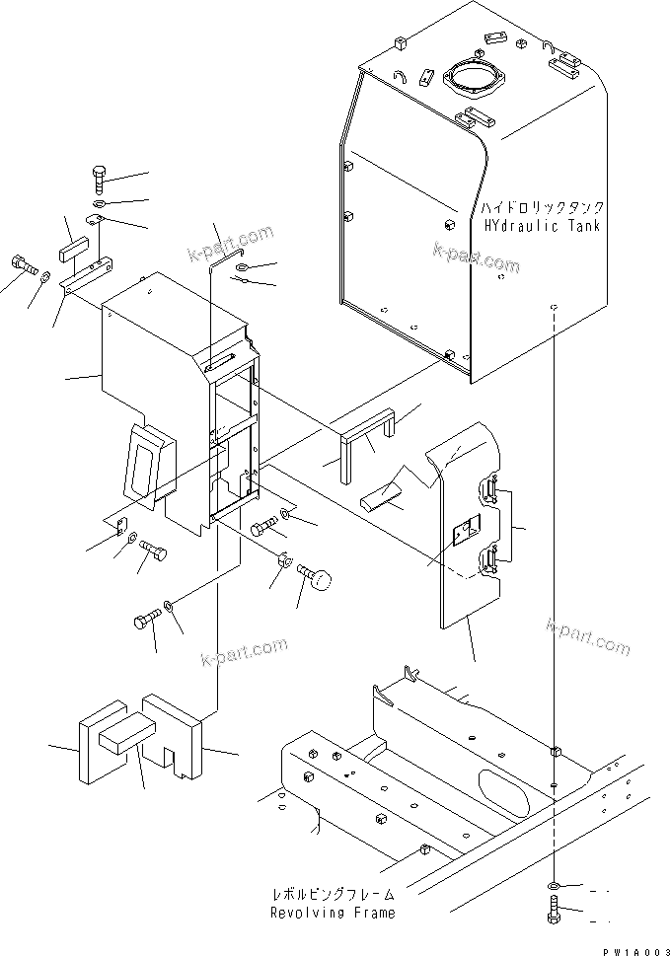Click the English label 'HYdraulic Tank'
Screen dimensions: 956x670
[x=541, y=226]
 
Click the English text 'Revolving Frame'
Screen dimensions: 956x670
[x=333, y=913]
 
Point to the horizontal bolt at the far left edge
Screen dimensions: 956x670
[x=23, y=264]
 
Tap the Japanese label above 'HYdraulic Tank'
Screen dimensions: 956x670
[x=541, y=208]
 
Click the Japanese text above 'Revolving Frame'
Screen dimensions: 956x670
[x=333, y=895]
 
